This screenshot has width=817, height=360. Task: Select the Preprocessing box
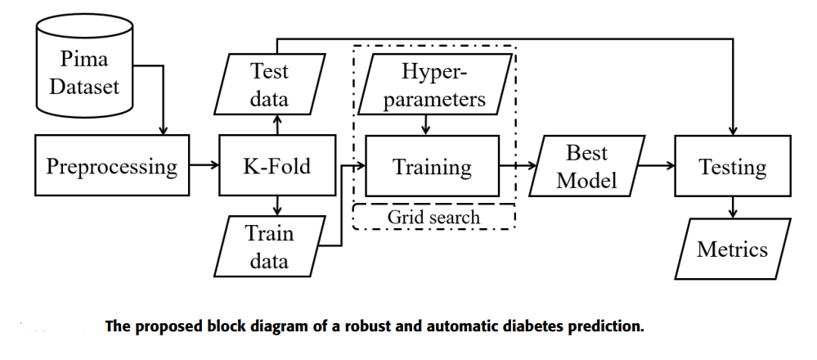coord(112,167)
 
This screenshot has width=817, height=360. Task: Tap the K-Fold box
coord(277,167)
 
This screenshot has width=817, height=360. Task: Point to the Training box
coord(433,167)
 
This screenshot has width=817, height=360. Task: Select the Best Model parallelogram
coord(586,166)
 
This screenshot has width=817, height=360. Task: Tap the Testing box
coord(733,167)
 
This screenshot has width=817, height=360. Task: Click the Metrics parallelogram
coord(733,248)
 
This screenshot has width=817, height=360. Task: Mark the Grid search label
coord(433,217)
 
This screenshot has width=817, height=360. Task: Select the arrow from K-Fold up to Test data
coord(278,126)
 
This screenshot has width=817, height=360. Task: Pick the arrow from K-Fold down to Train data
coord(278,207)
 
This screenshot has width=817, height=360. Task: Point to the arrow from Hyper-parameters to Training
coord(425,124)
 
